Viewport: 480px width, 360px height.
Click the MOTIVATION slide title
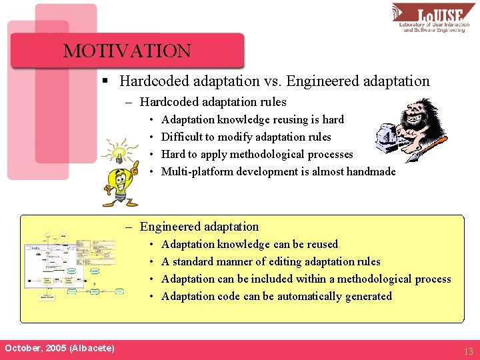127,51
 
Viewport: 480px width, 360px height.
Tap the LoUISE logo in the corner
433,18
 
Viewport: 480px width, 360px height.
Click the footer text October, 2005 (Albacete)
59,349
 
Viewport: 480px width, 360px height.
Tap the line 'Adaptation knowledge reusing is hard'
252,120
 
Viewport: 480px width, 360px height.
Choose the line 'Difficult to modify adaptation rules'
246,137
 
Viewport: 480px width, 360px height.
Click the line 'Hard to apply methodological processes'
257,155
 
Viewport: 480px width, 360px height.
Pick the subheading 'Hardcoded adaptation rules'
213,102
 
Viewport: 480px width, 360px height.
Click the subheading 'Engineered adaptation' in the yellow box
199,227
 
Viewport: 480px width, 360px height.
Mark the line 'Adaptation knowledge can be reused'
249,245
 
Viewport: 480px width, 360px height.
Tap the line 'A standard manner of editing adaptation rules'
271,262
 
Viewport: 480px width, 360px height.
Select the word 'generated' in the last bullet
369,297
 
